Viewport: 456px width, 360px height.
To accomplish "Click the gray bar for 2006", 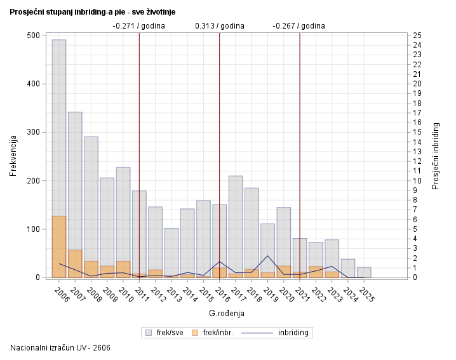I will (59, 127).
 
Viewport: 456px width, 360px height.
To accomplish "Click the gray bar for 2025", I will (364, 272).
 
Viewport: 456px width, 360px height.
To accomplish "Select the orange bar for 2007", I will (75, 263).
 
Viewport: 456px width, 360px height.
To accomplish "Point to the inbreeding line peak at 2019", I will (268, 256).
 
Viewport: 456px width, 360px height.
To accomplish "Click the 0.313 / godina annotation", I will (219, 26).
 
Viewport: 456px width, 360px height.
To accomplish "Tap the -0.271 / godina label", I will (138, 26).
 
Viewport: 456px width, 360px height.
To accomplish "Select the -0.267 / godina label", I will (298, 26).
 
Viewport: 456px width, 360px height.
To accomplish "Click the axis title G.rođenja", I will (227, 314).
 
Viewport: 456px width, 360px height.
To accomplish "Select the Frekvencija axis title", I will (13, 156).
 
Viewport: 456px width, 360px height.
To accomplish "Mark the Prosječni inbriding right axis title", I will (436, 156).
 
